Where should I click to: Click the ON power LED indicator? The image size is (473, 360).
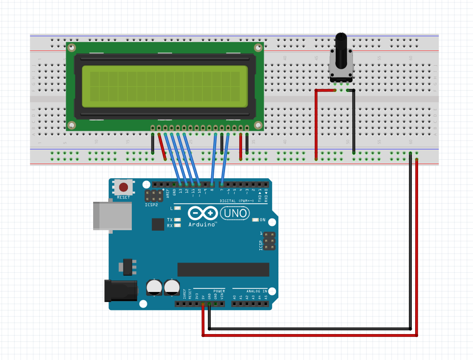pos(255,219)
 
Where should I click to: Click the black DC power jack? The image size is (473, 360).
pos(120,290)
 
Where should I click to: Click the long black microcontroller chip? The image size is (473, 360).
pos(223,269)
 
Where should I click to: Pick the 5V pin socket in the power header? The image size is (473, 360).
pos(203,304)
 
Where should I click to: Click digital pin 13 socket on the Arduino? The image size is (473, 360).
pos(180,185)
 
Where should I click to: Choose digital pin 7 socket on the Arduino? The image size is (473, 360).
pos(222,185)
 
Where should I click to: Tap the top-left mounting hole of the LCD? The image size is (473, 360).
pos(72,48)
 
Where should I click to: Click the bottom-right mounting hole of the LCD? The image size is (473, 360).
pos(258,125)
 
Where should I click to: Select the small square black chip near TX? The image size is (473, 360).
pos(158,224)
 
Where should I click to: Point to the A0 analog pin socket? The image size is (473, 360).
pos(234,304)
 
